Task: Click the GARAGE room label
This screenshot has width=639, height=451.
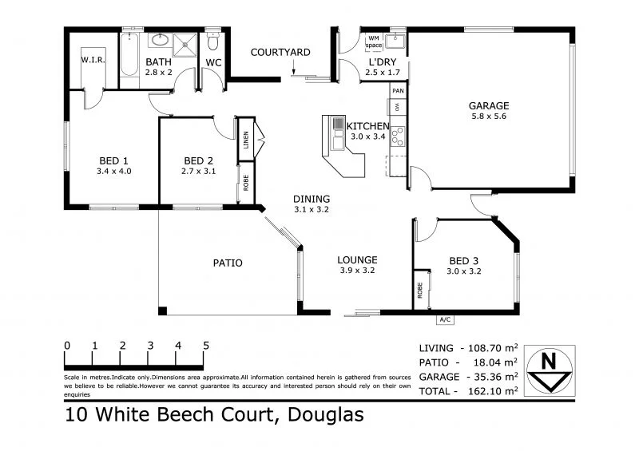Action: (489, 105)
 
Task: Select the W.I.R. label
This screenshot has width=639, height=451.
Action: (89, 60)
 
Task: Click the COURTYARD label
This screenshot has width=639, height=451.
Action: (280, 53)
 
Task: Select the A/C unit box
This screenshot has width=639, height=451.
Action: (445, 319)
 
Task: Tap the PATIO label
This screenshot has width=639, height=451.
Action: (228, 263)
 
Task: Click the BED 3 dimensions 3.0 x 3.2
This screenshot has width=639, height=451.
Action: (464, 271)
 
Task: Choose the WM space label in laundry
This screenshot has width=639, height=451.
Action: (374, 42)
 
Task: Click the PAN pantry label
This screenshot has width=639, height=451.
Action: (398, 91)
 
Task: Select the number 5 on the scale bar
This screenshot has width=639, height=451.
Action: (206, 346)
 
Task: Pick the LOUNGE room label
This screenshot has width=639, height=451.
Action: (357, 259)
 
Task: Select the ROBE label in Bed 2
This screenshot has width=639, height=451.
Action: (246, 181)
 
